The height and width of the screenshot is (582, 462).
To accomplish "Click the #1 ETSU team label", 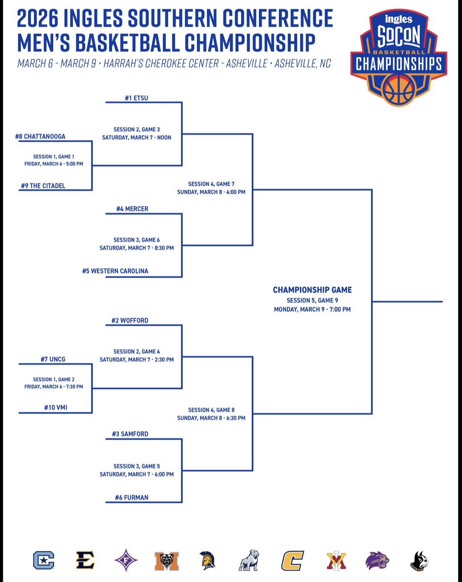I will [136, 97].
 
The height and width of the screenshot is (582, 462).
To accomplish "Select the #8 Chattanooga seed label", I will [40, 137].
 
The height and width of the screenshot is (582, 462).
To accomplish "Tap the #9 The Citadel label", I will [43, 186].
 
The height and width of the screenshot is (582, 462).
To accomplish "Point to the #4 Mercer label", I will [132, 209].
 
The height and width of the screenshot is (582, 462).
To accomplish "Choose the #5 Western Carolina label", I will [115, 271].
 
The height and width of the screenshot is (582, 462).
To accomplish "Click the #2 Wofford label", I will [132, 321].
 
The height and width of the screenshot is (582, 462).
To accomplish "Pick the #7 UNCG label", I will [53, 359].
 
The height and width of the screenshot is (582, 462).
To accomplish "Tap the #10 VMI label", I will [54, 408].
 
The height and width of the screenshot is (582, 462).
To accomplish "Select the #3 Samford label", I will [132, 434].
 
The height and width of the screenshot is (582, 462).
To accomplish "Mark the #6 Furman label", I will [132, 497].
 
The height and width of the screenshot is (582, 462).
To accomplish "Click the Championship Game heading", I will [312, 290].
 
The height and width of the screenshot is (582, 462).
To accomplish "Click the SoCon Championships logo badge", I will [398, 57].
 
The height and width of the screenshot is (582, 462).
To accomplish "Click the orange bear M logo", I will [167, 561].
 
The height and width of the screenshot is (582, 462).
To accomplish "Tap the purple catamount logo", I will [377, 560].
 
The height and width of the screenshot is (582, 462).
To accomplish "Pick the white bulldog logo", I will [249, 560].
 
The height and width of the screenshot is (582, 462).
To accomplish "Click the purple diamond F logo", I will [126, 560].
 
